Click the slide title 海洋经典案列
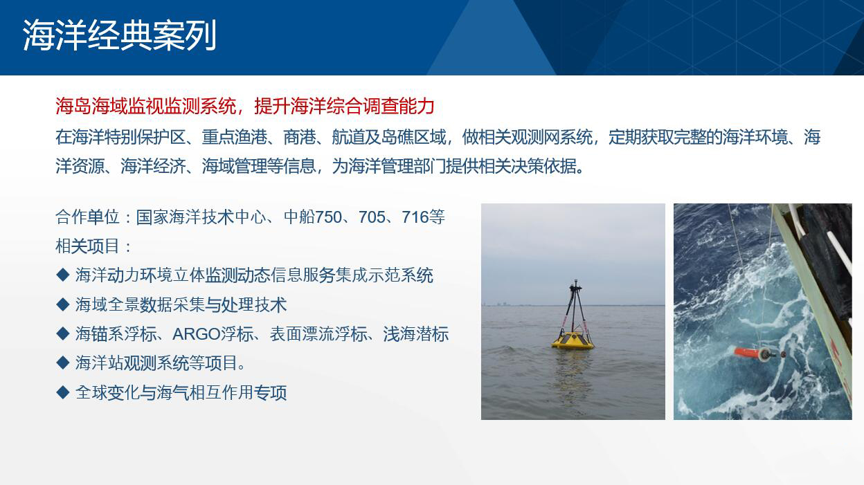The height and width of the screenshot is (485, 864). click(120, 35)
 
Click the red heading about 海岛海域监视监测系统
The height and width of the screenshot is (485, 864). click(245, 106)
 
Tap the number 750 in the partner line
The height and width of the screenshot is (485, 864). click(328, 217)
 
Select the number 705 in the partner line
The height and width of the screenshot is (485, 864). click(372, 217)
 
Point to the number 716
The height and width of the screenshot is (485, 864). click(415, 217)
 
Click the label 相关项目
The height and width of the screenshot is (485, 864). click(87, 246)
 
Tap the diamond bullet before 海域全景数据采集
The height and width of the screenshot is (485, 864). click(62, 304)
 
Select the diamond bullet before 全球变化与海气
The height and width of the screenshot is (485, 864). click(62, 392)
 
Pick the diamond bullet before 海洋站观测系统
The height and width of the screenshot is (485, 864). click(62, 363)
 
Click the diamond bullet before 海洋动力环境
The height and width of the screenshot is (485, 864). click(62, 275)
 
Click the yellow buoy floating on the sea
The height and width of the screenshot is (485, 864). click(573, 340)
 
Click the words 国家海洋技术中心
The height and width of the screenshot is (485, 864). click(201, 217)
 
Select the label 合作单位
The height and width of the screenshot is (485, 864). click(87, 217)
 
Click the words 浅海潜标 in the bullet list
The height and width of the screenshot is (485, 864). click(416, 334)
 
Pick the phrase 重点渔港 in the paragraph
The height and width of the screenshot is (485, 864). click(234, 137)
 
